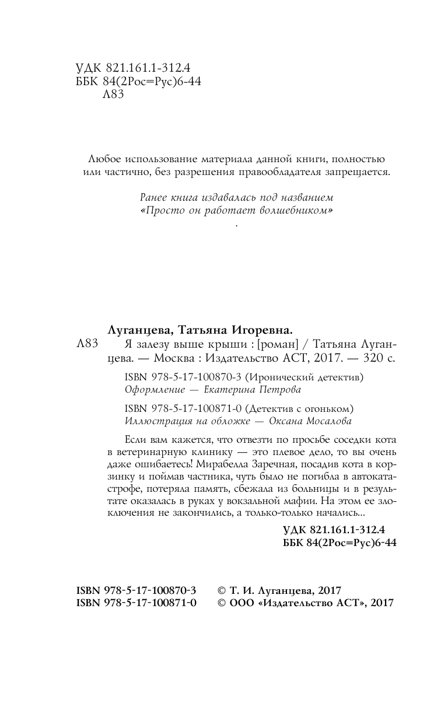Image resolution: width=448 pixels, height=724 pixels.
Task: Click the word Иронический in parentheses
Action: click(x=278, y=377)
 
